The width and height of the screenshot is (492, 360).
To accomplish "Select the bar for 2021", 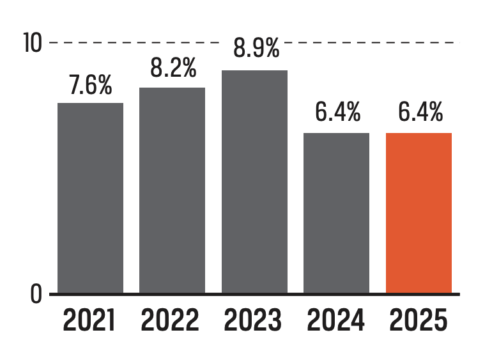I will (x=90, y=198).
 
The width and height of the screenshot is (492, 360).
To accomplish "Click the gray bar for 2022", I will (x=173, y=190).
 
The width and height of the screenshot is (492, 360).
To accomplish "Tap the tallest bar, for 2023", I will (x=254, y=182).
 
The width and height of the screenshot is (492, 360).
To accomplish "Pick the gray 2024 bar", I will (x=336, y=213).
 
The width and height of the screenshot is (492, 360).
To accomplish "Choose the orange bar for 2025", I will (x=419, y=213).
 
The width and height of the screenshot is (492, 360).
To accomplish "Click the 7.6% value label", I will (x=91, y=86).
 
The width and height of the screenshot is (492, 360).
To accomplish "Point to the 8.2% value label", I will (x=173, y=68).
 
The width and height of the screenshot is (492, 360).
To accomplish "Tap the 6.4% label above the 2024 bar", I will (x=337, y=113).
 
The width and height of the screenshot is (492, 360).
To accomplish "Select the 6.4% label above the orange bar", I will (x=420, y=113).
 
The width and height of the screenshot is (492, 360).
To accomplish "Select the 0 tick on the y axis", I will (x=36, y=294).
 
